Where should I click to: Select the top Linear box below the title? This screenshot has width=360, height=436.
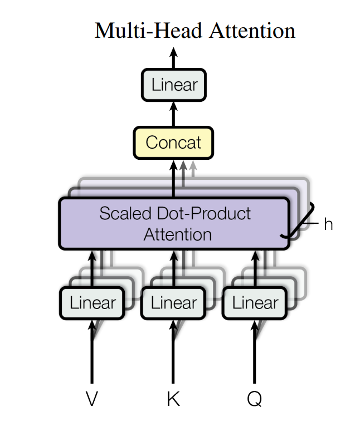(174, 85)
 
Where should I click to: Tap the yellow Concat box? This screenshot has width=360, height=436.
(173, 143)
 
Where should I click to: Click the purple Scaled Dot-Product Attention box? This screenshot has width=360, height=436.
(174, 223)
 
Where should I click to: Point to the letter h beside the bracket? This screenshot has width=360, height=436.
(328, 225)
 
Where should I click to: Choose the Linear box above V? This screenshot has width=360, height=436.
(93, 303)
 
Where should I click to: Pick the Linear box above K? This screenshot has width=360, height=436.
(174, 303)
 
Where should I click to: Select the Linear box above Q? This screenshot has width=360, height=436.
(255, 303)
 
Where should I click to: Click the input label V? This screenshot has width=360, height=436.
(93, 399)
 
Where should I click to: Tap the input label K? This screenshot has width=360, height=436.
(173, 399)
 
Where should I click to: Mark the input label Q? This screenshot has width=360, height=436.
(255, 399)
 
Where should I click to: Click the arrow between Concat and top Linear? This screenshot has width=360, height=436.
(173, 114)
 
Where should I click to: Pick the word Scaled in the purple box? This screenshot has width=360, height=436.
(124, 213)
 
